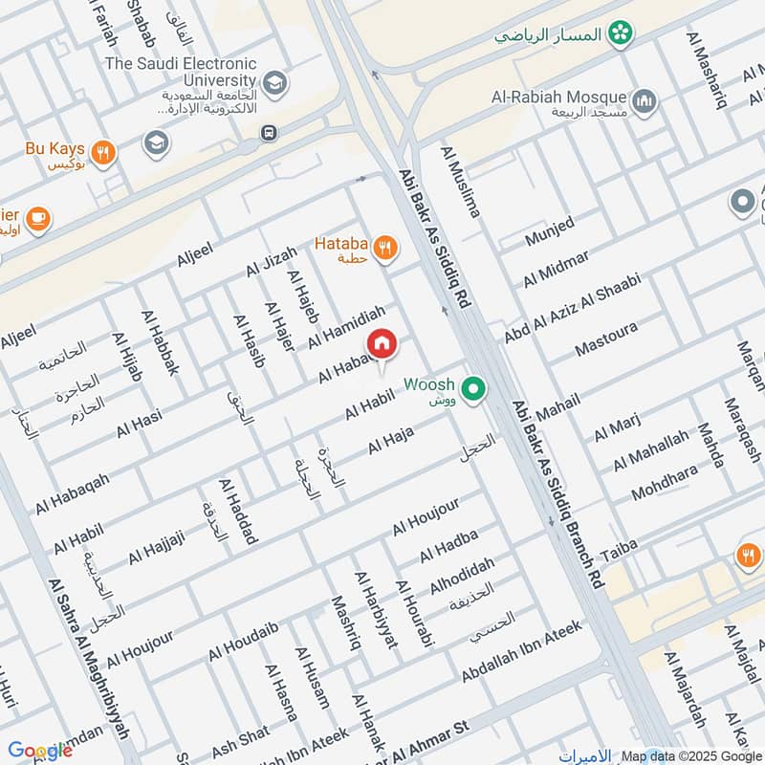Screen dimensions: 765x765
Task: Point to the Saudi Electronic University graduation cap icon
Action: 275,82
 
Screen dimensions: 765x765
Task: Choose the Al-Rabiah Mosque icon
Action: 644,99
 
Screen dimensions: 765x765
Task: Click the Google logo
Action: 39,751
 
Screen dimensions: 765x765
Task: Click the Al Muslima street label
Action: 460,182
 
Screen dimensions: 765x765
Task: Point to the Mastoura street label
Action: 606,340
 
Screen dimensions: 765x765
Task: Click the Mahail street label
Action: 557,409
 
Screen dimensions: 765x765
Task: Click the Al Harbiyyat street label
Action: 376,611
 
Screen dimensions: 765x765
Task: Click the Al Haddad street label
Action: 238,512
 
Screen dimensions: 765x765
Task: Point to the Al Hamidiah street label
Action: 346,326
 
